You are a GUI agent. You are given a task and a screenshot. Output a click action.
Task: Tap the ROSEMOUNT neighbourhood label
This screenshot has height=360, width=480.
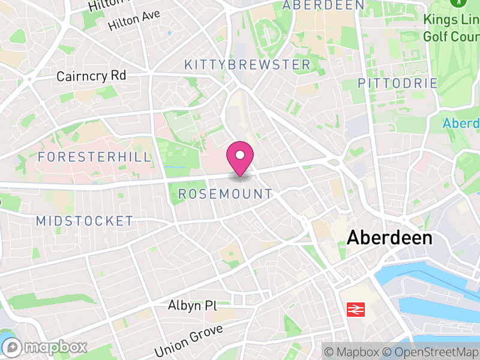tap(226, 194)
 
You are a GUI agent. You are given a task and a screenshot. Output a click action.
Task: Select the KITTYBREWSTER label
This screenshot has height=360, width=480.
tap(247, 65)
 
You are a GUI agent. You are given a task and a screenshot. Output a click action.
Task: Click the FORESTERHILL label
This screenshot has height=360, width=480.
tap(94, 157)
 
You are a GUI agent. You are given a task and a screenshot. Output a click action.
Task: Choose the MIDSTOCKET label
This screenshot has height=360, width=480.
tap(85, 221)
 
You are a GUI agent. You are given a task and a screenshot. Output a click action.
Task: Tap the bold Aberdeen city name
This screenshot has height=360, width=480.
tap(389, 238)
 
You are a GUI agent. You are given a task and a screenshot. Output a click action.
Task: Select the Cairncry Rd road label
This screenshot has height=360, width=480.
tap(91, 76)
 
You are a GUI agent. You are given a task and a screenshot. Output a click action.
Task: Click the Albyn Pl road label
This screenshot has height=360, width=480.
tap(191, 306)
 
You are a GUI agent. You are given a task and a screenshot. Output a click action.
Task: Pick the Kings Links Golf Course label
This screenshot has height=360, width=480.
tap(451, 28)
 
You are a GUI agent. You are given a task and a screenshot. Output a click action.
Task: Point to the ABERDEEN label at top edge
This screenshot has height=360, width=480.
tap(323, 5)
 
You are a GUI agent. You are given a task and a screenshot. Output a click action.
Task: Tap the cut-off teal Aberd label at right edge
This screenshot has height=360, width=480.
tap(461, 124)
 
